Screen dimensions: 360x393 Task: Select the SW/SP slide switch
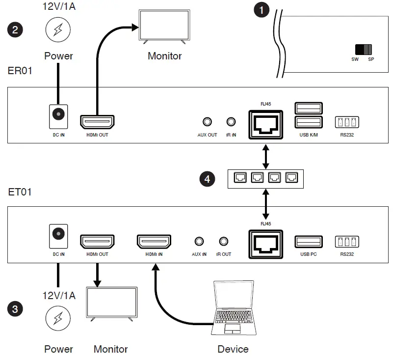[x=364, y=49]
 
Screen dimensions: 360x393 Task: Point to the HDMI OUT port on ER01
[x=97, y=121]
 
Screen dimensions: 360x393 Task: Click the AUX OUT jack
[x=207, y=122]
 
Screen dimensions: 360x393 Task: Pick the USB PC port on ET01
[x=309, y=242]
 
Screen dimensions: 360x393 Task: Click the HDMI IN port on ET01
[x=154, y=242]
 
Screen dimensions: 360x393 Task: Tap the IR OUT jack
[x=224, y=241]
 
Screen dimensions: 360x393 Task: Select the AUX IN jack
[x=199, y=241]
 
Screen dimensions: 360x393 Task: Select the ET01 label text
[x=20, y=192]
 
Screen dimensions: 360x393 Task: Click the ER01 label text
[x=20, y=71]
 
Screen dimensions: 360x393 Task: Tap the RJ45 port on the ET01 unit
[x=266, y=242]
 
